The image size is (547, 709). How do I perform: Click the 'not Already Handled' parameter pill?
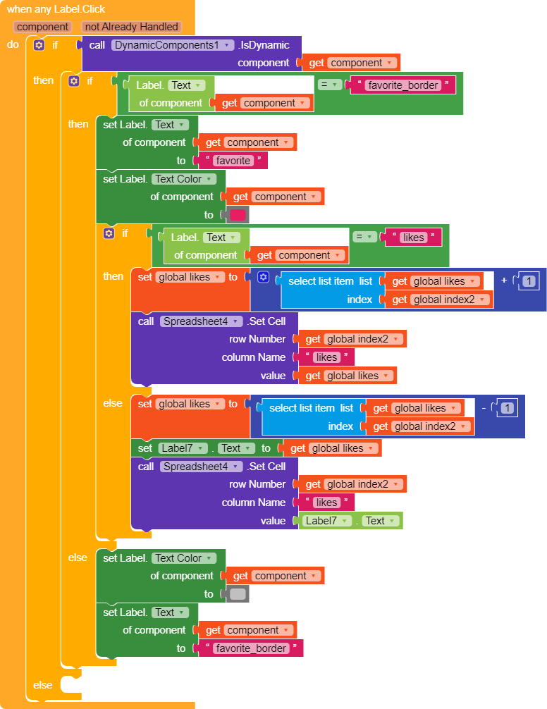pos(132,27)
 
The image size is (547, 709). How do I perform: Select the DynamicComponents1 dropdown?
pos(173,45)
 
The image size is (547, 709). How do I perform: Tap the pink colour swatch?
pos(238,215)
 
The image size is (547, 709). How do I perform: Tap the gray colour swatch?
pos(238,593)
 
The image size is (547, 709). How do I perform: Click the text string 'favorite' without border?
pos(233,161)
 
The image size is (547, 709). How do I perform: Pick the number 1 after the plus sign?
pos(529,281)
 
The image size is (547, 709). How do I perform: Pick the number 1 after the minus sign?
pos(508,408)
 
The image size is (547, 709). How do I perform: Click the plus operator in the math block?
pos(504,280)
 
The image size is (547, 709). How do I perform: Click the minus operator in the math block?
pos(484,408)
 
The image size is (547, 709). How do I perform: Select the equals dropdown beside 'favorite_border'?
pos(330,85)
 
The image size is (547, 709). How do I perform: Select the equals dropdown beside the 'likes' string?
pos(364,237)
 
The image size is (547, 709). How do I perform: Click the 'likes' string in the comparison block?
pos(413,238)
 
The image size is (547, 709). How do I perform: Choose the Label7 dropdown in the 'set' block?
pos(183,448)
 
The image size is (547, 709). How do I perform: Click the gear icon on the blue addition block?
pos(263,277)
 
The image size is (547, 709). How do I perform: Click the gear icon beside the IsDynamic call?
pos(39,45)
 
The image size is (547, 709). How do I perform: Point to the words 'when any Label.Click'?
pos(56,9)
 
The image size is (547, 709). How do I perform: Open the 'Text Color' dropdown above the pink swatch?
pos(183,179)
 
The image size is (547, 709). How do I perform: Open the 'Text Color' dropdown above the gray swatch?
pos(183,558)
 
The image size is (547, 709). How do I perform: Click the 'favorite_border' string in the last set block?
pos(251,648)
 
